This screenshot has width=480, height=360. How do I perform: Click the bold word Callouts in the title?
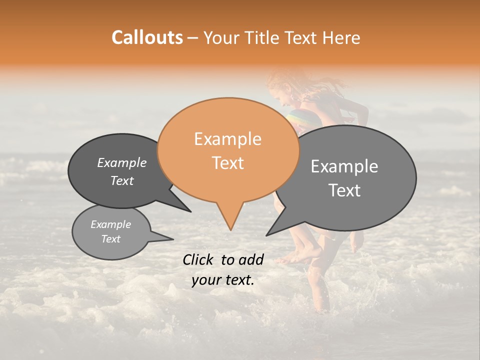coord(147,37)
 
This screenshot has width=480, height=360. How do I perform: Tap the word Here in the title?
coord(341,37)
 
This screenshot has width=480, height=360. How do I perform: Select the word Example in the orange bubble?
coord(227,139)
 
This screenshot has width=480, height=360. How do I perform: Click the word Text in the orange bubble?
coord(227,163)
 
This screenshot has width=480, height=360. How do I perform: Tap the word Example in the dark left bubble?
coord(121,162)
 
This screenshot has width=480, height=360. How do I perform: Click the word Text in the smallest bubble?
coord(110,239)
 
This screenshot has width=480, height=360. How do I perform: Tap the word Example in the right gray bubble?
coord(344,166)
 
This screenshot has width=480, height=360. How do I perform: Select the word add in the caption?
coord(251,259)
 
